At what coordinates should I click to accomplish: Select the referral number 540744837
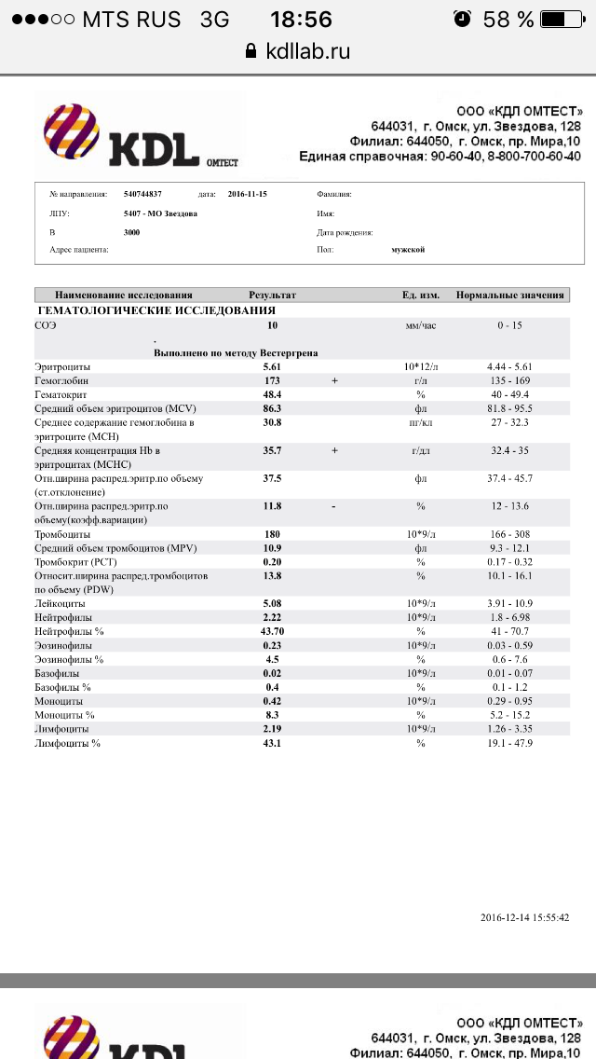142,194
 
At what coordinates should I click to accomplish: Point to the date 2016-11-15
247,194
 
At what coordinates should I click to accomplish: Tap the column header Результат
272,295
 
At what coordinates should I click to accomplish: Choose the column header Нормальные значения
509,295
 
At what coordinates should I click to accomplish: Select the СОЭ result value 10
272,325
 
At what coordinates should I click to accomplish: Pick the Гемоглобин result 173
272,381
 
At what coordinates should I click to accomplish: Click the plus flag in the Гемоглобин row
334,381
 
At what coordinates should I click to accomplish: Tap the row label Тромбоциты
62,535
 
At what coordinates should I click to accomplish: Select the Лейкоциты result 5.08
272,604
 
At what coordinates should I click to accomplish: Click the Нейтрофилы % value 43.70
272,631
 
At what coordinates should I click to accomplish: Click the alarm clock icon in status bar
461,19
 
